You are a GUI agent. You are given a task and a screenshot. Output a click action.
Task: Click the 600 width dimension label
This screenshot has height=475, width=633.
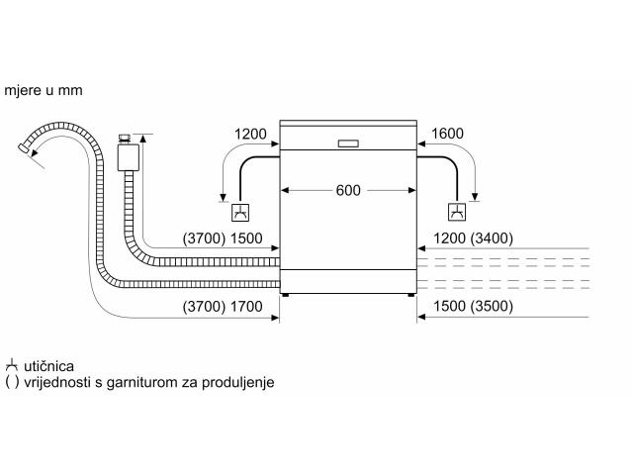click(x=348, y=190)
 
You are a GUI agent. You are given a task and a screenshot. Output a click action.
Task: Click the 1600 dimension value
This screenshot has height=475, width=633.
click(x=447, y=134)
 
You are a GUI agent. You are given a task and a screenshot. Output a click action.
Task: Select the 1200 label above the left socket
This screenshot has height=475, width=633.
click(x=250, y=135)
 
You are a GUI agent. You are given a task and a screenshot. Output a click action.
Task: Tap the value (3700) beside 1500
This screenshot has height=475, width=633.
click(x=204, y=238)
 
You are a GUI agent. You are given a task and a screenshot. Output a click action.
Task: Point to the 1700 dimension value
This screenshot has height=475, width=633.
click(x=246, y=307)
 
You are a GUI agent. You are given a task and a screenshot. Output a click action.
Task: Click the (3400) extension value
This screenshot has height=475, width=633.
click(x=492, y=238)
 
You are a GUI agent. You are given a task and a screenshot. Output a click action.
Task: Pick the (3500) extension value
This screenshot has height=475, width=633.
click(x=492, y=306)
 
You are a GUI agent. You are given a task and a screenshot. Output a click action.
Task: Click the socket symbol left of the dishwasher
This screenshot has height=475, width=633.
click(x=240, y=213)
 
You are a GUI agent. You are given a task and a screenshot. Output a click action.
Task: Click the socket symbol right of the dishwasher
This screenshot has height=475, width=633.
click(x=457, y=212)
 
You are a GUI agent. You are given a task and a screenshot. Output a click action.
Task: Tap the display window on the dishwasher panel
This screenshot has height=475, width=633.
click(x=348, y=143)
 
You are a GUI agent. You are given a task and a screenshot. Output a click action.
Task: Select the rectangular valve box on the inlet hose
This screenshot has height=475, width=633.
click(x=129, y=157)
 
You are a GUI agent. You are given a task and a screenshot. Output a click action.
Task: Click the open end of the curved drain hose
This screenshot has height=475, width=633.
click(x=24, y=147)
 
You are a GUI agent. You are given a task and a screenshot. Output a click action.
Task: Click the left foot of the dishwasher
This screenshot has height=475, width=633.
click(x=286, y=295)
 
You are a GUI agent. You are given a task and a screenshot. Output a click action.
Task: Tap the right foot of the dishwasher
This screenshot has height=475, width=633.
click(x=411, y=295)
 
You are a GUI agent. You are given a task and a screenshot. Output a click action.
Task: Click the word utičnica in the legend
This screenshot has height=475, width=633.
click(x=48, y=366)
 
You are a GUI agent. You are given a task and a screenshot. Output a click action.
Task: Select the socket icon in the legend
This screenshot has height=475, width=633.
click(x=12, y=365)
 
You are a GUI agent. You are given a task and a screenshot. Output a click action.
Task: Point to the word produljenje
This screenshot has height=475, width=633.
click(x=237, y=383)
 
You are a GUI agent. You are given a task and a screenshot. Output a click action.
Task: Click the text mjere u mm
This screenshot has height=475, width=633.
click(x=44, y=90)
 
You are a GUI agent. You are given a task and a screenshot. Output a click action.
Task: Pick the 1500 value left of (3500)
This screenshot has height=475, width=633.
click(x=449, y=306)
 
